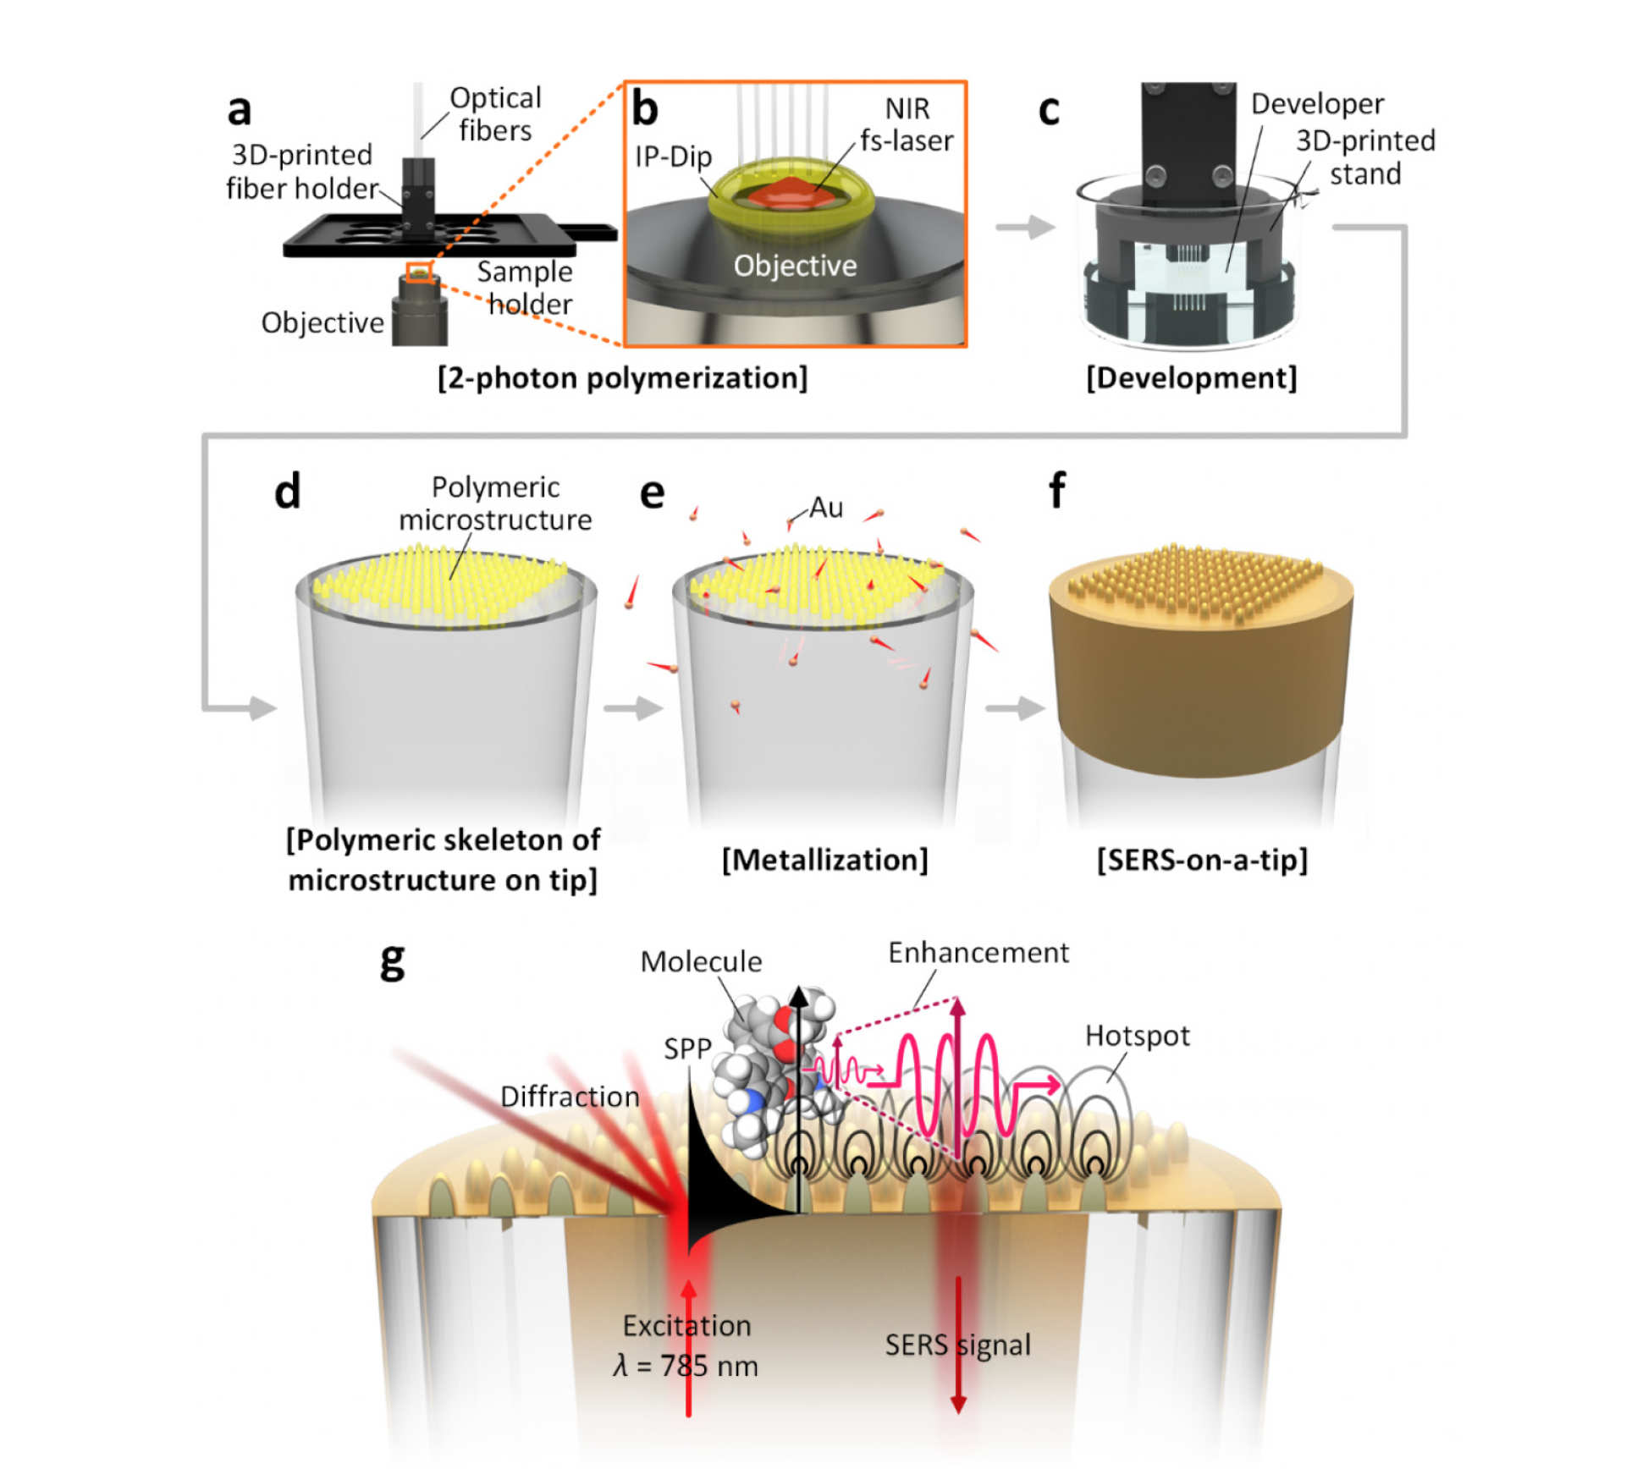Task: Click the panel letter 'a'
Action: (x=240, y=110)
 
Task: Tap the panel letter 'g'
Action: (x=392, y=961)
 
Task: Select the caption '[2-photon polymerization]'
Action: (x=622, y=377)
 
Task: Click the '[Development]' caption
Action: (x=1191, y=377)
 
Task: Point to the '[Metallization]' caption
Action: (x=824, y=860)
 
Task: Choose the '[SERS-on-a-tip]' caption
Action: (x=1202, y=860)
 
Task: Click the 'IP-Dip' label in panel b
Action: (x=673, y=157)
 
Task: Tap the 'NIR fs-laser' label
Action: (x=907, y=124)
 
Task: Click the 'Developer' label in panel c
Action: (x=1317, y=103)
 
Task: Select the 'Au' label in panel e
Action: (x=826, y=508)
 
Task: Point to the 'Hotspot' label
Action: (x=1137, y=1036)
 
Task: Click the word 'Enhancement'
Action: (x=978, y=953)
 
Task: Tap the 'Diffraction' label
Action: (x=570, y=1097)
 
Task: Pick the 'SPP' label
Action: (x=687, y=1049)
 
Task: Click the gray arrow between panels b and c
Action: (x=1025, y=227)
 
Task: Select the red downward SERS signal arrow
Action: (x=958, y=1345)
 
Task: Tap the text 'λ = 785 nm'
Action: (x=686, y=1366)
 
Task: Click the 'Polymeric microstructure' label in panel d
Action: (x=495, y=503)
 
